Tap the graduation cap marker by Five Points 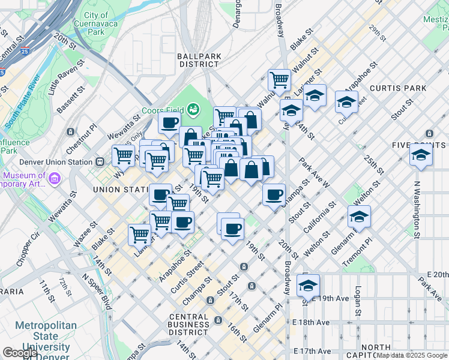pos(421,154)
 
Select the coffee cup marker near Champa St pos(274,194)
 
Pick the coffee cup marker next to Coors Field pos(169,123)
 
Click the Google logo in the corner pos(20,353)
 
